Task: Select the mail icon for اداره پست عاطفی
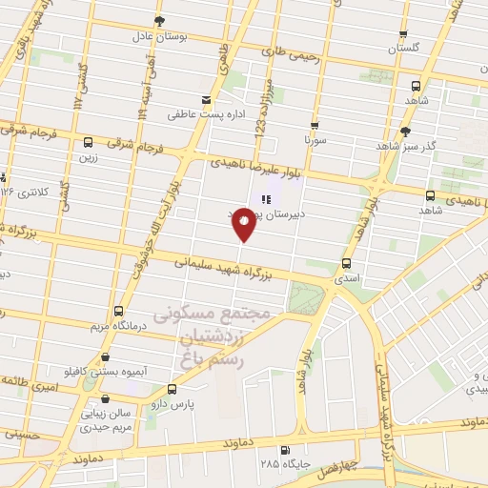coord(206,100)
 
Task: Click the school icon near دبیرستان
coord(267,199)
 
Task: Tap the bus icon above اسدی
coord(345,264)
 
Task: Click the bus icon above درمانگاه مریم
coord(118,311)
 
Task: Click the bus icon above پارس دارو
coord(172,389)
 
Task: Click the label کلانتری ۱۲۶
coord(22,192)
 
